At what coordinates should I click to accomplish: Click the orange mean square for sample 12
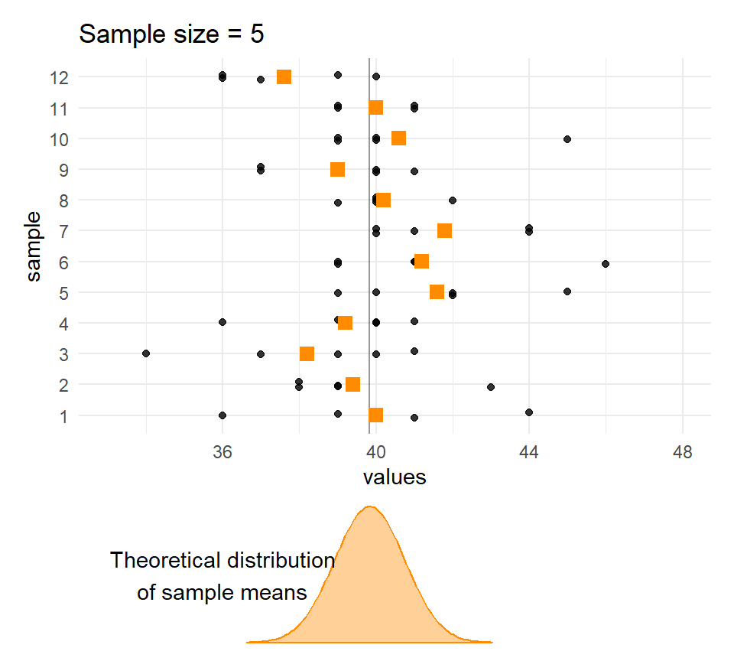tap(284, 77)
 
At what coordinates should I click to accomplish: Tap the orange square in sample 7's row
tap(444, 230)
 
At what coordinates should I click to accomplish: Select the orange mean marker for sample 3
tap(307, 353)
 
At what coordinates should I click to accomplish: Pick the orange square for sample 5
tap(437, 291)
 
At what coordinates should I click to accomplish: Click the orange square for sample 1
tap(375, 415)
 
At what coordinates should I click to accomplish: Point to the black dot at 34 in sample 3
tap(146, 353)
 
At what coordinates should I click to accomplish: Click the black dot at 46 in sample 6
tap(606, 264)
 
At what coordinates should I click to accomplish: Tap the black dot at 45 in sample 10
tap(567, 139)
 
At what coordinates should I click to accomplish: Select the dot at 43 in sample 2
tap(491, 387)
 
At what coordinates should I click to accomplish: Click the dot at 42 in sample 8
tap(453, 200)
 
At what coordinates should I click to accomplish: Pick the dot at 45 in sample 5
tap(567, 291)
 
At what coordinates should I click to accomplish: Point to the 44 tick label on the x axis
tap(529, 453)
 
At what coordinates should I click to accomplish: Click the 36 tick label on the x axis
tap(222, 453)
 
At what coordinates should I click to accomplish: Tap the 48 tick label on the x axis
tap(683, 453)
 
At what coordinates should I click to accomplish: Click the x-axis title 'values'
tap(394, 478)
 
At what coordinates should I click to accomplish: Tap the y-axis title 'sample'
tap(34, 246)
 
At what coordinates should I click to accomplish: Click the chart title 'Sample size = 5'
tap(171, 34)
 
